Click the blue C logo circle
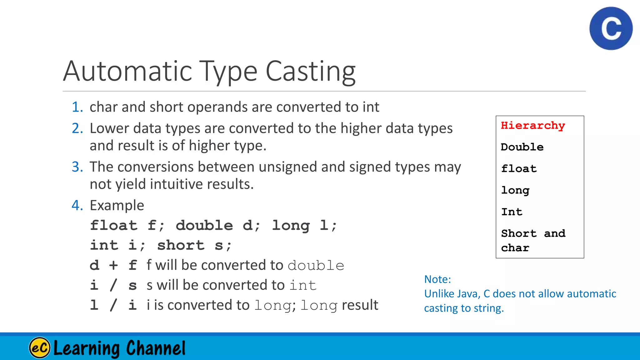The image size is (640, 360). click(611, 28)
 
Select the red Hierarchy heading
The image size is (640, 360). click(533, 126)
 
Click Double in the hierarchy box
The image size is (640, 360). click(522, 147)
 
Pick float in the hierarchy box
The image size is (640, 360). click(519, 169)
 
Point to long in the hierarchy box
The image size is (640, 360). click(515, 190)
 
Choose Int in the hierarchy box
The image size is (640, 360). click(512, 212)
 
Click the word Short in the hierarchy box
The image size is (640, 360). click(519, 233)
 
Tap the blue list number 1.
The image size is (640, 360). click(77, 107)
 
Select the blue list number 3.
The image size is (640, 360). click(77, 167)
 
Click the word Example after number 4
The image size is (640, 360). click(117, 206)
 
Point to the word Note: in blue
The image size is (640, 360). click(437, 279)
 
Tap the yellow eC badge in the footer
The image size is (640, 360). click(39, 347)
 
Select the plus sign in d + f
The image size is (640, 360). click(113, 265)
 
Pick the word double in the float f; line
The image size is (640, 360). click(204, 225)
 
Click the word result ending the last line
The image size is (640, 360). click(360, 305)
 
